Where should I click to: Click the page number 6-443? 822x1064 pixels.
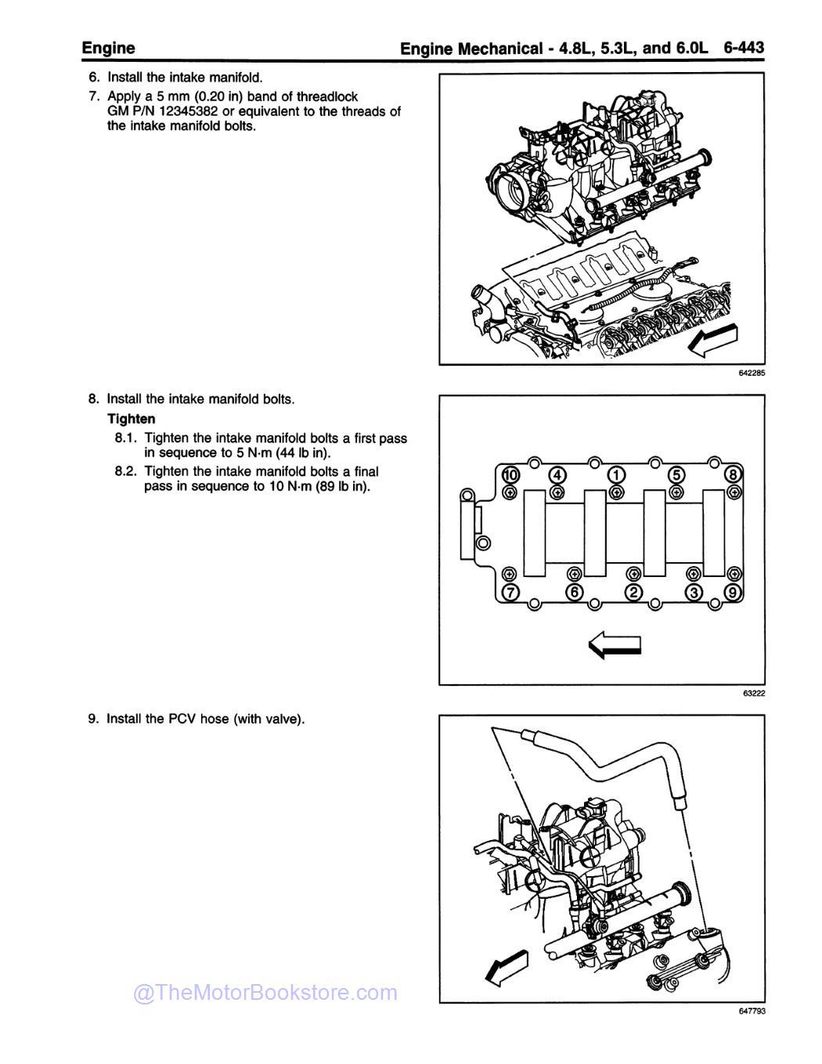click(x=743, y=48)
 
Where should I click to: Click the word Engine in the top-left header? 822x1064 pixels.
click(x=108, y=48)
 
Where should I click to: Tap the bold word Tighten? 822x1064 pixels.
click(x=131, y=419)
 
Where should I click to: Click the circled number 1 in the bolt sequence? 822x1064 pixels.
click(x=616, y=474)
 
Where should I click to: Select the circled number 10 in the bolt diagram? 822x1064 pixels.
click(x=510, y=474)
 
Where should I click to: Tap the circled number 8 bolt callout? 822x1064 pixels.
click(x=734, y=474)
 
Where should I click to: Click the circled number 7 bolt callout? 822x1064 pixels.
click(x=510, y=592)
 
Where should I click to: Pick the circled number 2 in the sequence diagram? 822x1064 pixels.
click(x=633, y=592)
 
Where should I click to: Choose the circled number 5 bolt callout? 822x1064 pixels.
click(x=676, y=474)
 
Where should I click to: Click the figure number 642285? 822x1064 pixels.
click(x=751, y=373)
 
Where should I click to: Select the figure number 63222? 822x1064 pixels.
click(x=754, y=693)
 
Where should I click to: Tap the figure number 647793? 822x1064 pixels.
click(x=751, y=1011)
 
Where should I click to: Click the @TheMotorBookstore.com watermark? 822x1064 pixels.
click(x=265, y=993)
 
